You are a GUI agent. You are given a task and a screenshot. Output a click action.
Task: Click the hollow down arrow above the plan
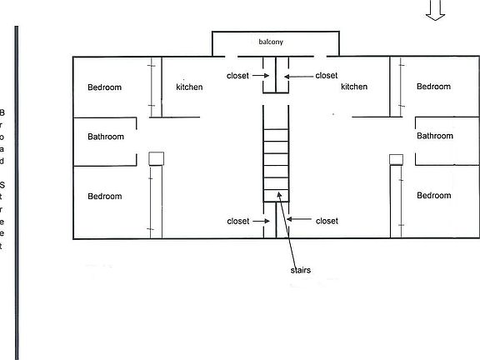click(x=435, y=10)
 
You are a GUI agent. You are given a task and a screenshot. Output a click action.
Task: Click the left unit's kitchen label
click(x=189, y=87)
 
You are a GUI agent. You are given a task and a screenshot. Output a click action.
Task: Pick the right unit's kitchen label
click(x=354, y=87)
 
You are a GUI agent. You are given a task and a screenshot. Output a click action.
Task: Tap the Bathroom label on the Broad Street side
click(x=106, y=137)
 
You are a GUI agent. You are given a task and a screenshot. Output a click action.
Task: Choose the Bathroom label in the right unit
click(x=434, y=136)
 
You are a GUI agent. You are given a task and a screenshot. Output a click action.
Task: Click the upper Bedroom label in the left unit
click(x=105, y=87)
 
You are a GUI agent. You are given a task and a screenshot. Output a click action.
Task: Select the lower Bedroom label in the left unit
click(x=105, y=197)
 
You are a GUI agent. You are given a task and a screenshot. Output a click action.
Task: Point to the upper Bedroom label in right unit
click(x=433, y=87)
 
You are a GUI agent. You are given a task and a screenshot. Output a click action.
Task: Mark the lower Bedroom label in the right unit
click(x=433, y=196)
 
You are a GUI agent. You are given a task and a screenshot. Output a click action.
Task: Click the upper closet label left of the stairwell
click(x=237, y=76)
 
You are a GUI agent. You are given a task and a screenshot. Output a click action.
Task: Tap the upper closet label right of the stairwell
click(x=327, y=76)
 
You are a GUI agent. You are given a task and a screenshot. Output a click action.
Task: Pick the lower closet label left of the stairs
click(x=237, y=221)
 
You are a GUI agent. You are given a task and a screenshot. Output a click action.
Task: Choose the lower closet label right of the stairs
click(x=327, y=221)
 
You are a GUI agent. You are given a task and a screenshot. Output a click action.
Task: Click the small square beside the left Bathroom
click(x=155, y=158)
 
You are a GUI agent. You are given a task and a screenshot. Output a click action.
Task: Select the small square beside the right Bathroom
click(x=395, y=158)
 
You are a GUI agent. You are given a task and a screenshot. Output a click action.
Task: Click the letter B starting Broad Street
click(x=2, y=112)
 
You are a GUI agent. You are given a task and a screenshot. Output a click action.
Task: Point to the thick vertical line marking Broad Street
click(x=16, y=192)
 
